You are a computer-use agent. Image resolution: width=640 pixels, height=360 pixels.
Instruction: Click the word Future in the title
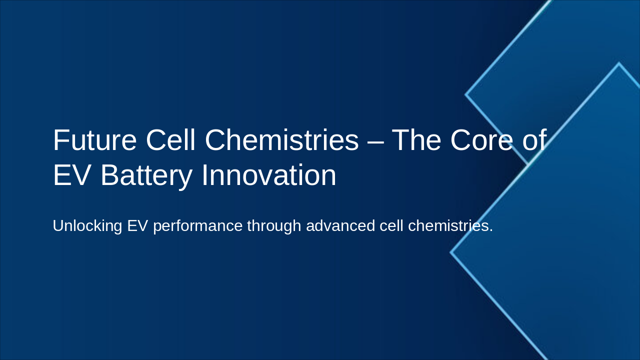click(x=94, y=140)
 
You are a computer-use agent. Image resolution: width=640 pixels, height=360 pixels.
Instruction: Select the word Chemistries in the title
click(x=281, y=140)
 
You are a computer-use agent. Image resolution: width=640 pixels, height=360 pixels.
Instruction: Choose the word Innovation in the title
click(x=268, y=175)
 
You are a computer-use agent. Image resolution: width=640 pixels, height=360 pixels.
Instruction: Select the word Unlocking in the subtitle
click(x=87, y=226)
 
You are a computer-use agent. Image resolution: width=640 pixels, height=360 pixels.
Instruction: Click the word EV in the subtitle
click(x=137, y=226)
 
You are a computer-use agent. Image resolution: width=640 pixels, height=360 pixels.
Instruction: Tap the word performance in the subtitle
click(x=198, y=226)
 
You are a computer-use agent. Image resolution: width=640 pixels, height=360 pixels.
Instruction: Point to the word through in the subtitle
click(x=274, y=226)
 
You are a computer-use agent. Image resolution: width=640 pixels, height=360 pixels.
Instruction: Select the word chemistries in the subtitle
click(x=450, y=226)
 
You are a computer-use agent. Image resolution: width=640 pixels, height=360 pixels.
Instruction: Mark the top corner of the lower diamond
click(x=619, y=63)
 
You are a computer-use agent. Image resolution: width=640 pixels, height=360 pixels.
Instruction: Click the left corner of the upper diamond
click(x=466, y=94)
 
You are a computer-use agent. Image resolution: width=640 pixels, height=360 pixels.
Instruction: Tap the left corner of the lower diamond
click(x=451, y=252)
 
